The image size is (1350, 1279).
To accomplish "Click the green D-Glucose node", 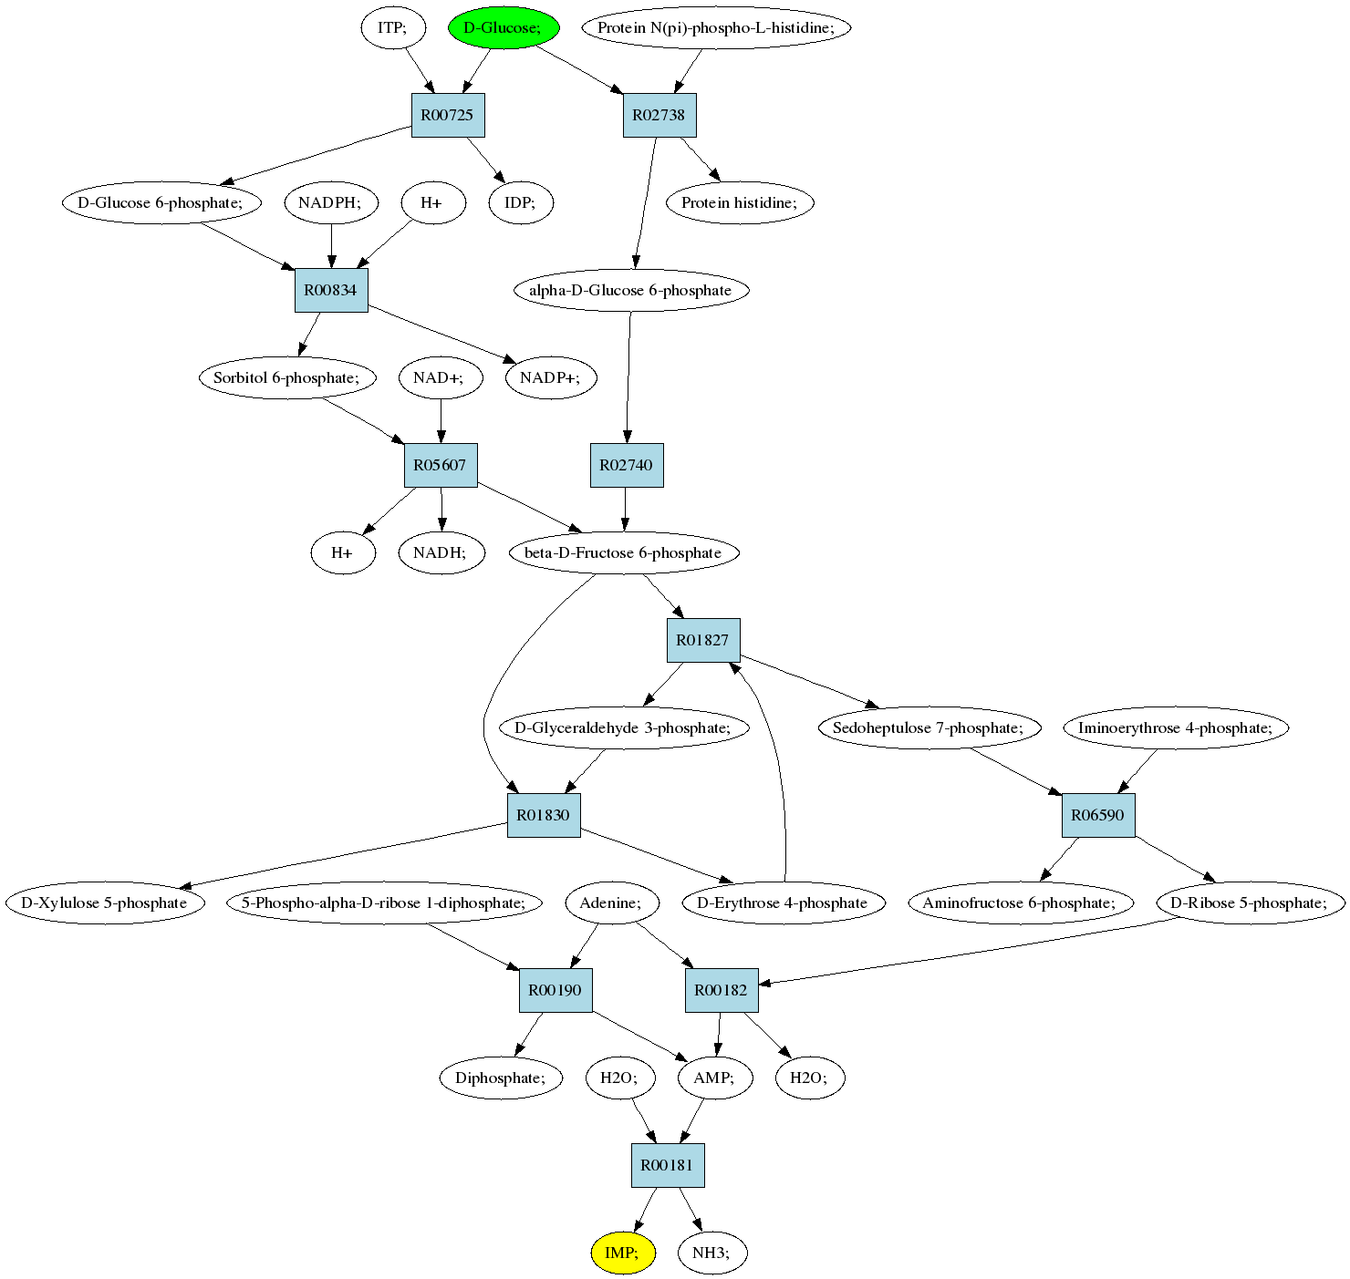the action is click(504, 27).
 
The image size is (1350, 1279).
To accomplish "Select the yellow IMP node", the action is click(623, 1253).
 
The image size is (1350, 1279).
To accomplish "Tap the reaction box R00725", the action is click(448, 115).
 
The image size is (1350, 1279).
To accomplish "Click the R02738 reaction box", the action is click(659, 115).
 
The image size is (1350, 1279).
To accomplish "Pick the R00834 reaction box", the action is click(331, 290).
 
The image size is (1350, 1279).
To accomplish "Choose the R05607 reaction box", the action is click(441, 465).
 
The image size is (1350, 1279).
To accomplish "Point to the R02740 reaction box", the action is click(627, 465).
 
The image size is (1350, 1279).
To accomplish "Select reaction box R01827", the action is click(703, 640).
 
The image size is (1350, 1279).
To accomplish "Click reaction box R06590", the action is click(1098, 815).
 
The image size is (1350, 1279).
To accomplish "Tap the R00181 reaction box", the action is click(668, 1165).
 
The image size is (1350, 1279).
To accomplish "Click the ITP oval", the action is click(393, 27).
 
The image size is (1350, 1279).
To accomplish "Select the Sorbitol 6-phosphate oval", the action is click(287, 377).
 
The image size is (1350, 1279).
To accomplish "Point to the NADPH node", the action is click(331, 202).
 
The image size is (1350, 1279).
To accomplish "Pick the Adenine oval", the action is click(612, 903).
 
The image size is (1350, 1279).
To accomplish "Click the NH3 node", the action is click(712, 1253).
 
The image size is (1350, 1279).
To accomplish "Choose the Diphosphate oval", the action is click(501, 1078).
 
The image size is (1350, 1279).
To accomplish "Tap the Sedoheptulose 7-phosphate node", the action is click(929, 727).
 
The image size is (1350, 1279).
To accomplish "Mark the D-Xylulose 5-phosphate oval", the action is click(105, 903).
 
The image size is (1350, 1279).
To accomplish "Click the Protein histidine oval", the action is click(741, 202).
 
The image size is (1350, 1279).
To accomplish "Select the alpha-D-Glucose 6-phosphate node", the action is click(631, 290).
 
